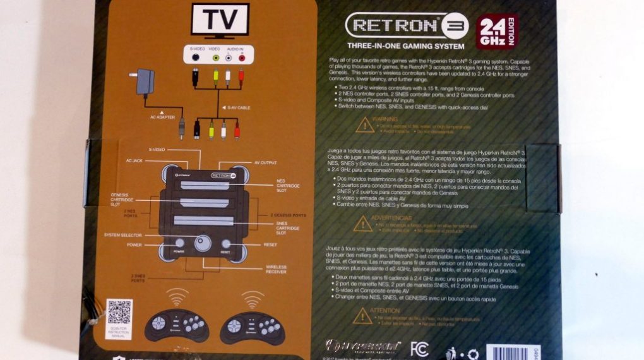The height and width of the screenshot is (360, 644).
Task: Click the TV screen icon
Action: (220, 21)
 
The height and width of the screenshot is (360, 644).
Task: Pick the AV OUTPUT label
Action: (265, 162)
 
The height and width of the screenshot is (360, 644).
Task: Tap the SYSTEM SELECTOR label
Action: (123, 235)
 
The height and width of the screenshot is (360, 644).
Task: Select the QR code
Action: (119, 312)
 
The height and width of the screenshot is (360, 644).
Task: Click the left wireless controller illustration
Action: (176, 325)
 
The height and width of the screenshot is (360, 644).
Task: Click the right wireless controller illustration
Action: (252, 326)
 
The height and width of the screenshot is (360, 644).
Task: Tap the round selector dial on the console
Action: (203, 244)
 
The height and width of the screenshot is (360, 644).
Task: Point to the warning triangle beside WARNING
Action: (364, 124)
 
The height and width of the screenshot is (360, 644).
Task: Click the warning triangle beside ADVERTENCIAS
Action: (362, 223)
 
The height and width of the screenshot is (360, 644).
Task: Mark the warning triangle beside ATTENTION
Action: (362, 317)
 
